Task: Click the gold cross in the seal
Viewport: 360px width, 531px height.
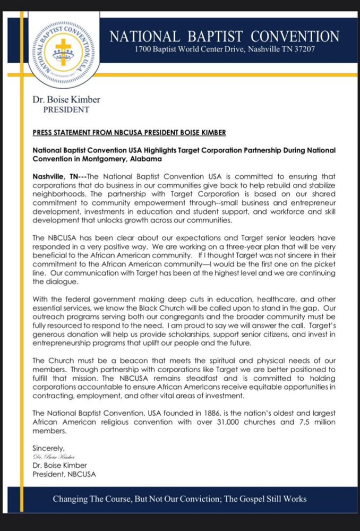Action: click(x=63, y=49)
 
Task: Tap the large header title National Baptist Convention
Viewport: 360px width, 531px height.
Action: click(x=224, y=37)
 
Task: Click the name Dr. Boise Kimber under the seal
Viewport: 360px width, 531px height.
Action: click(x=66, y=99)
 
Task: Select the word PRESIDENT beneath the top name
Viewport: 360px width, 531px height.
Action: click(x=66, y=110)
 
